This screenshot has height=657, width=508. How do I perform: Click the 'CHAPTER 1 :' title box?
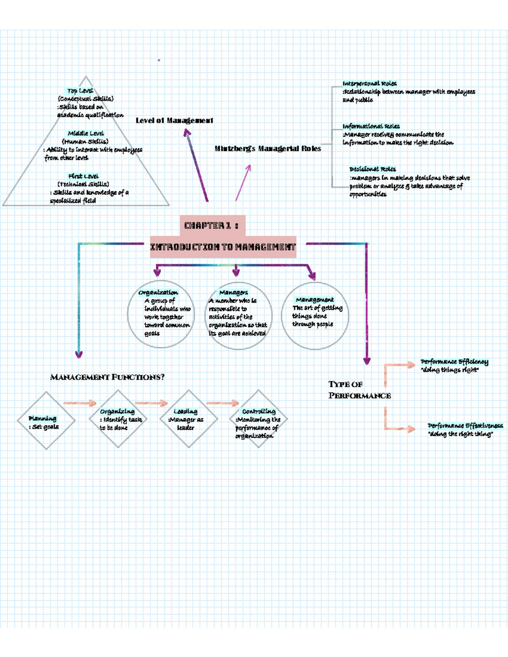coord(212,225)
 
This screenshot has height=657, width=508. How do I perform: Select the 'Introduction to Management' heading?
coord(223,247)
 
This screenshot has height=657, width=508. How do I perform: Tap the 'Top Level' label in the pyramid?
coord(80,91)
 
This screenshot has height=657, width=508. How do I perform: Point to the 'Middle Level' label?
coord(86,133)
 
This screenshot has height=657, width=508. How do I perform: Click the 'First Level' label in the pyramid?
coord(83,176)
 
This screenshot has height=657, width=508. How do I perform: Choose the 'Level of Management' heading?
coord(174,121)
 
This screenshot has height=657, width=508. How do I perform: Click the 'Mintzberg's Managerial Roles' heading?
coord(268,148)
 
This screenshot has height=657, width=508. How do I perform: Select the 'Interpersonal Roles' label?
coord(370,83)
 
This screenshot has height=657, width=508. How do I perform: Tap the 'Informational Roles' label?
coord(371,126)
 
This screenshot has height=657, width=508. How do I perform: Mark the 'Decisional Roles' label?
coord(373,169)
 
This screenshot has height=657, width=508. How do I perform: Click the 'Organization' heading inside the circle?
coord(158,292)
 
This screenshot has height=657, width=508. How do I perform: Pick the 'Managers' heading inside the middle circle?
coord(234,292)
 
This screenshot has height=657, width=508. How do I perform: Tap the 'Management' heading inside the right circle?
coord(315,300)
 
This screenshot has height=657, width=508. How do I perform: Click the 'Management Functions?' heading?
coord(107,377)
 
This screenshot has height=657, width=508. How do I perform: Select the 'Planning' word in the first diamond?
coord(42,418)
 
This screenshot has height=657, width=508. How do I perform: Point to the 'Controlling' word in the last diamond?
coord(259,411)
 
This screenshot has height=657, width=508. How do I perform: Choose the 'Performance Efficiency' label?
coord(454,362)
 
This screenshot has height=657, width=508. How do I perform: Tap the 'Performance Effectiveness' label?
coord(465,426)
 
